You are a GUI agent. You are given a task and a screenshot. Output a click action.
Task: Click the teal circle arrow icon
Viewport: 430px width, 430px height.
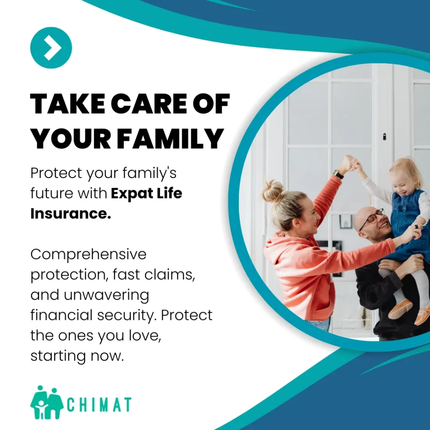click(x=51, y=48)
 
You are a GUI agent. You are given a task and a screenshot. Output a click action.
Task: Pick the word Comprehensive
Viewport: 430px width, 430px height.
click(x=89, y=254)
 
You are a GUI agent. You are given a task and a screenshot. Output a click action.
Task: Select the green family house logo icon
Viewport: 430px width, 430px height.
click(x=46, y=403)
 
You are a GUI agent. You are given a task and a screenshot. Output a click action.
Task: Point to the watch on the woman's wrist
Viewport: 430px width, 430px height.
click(x=338, y=174)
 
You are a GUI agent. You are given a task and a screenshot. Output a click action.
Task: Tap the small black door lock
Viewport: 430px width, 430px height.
click(x=384, y=136)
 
